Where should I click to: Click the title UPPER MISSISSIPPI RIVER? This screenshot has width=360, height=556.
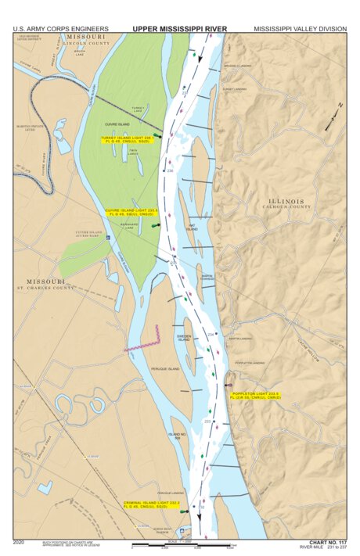click(179, 28)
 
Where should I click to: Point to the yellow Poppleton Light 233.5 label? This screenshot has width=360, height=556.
click(256, 395)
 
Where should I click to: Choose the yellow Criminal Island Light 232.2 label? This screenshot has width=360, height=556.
click(149, 506)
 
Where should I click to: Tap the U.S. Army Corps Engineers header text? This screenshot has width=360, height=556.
click(60, 28)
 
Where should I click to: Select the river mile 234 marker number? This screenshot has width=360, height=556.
click(210, 335)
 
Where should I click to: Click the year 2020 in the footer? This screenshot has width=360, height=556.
click(19, 541)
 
